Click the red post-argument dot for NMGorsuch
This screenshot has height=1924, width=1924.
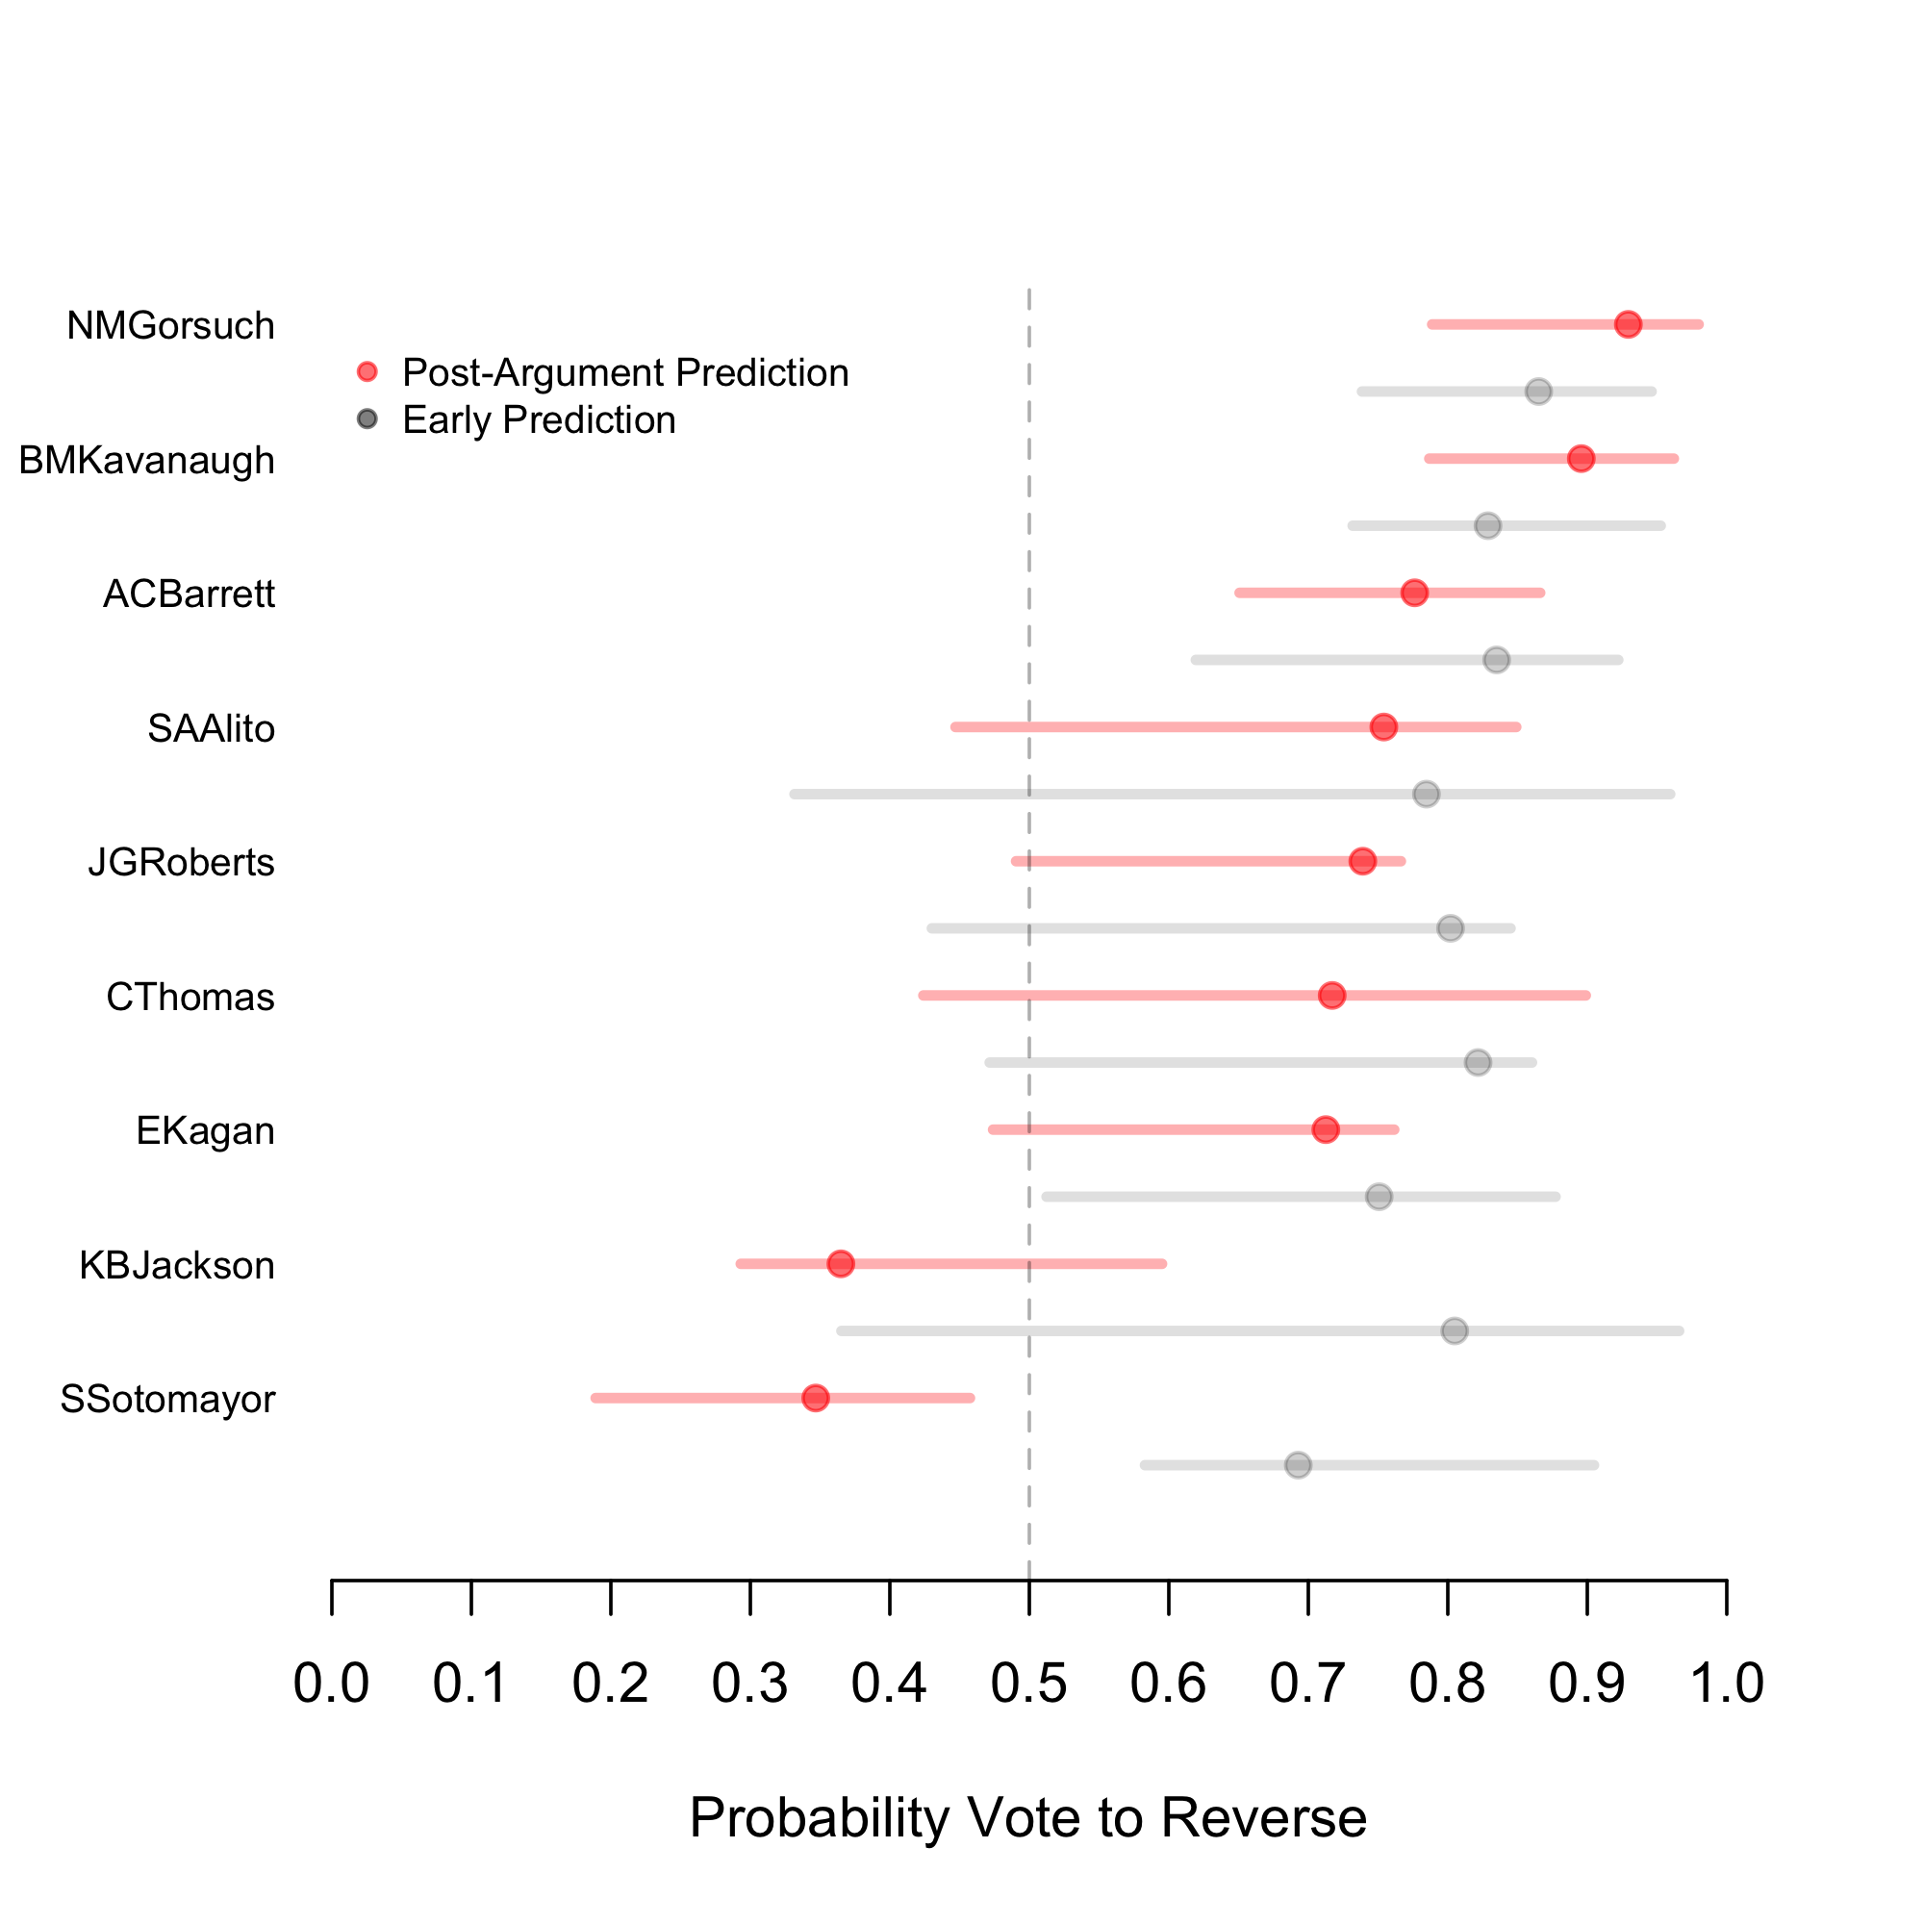[x=1628, y=324]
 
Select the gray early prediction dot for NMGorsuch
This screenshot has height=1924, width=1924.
[x=1538, y=392]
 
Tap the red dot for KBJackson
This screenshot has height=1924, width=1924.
[x=841, y=1264]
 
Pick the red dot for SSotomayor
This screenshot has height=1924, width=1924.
[x=816, y=1398]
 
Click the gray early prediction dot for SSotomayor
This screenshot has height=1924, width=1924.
[x=1298, y=1465]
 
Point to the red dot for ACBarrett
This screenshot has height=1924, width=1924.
[x=1414, y=593]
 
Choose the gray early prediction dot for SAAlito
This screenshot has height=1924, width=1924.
[x=1426, y=794]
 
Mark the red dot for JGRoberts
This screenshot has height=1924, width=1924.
[x=1362, y=861]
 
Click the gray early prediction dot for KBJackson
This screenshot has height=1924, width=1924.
[x=1455, y=1330]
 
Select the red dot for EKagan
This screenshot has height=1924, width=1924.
[x=1326, y=1129]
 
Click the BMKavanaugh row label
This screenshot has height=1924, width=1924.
[x=146, y=461]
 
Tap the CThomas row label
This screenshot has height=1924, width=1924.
[x=190, y=997]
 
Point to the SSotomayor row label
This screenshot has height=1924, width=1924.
[x=167, y=1399]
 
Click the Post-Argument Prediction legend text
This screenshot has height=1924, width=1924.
[x=625, y=372]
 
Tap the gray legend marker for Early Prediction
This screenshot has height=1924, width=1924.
[x=367, y=419]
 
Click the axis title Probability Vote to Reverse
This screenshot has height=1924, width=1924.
[x=1027, y=1817]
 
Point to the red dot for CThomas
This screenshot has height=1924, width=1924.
[x=1331, y=995]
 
